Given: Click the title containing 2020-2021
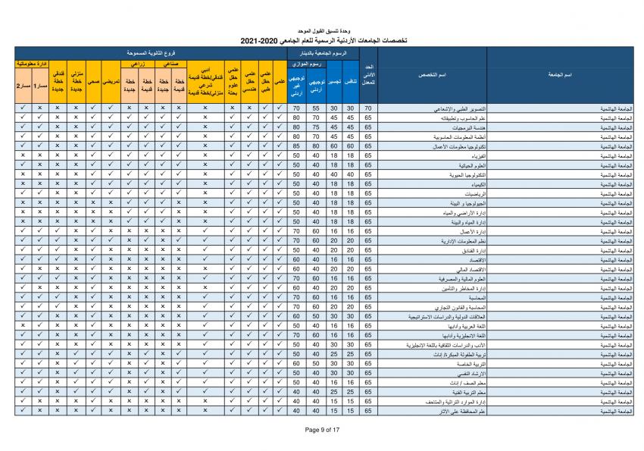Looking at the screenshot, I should [x=321, y=40].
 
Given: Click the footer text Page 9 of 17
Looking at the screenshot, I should [x=321, y=429].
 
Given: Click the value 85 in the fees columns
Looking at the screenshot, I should [x=297, y=146].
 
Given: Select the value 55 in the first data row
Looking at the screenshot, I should [x=317, y=108].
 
